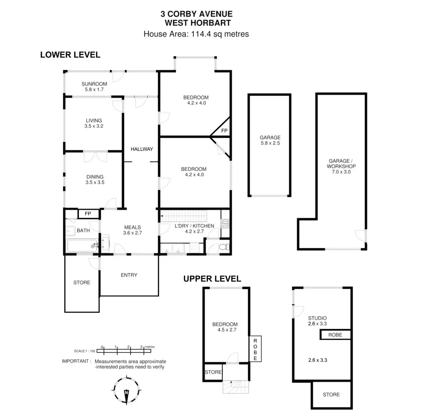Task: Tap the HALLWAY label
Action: (142, 149)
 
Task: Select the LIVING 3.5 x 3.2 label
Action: (94, 123)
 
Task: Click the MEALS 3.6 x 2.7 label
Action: (132, 230)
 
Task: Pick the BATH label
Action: (83, 231)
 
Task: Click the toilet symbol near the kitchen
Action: (225, 247)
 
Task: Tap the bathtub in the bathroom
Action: (83, 246)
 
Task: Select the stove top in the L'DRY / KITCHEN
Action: (225, 224)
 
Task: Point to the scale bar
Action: (124, 351)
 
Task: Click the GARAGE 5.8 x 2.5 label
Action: (270, 140)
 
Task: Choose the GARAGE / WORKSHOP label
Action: (341, 166)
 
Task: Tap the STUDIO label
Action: (318, 318)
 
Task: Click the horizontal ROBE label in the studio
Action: (335, 335)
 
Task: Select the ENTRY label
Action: (129, 275)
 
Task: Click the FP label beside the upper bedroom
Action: (224, 131)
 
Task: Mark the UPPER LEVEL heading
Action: (212, 279)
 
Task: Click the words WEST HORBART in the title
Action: (198, 23)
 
